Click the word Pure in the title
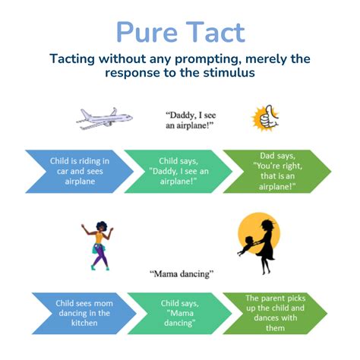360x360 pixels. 147,32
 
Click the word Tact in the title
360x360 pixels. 216,32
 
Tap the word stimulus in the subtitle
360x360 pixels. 229,73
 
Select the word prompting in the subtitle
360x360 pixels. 208,60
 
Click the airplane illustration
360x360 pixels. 104,118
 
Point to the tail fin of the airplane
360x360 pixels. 114,112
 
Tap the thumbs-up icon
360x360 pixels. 266,118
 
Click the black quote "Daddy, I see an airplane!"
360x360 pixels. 191,120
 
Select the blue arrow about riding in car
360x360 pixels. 80,172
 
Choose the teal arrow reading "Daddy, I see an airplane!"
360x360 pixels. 178,172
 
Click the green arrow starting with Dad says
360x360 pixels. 277,172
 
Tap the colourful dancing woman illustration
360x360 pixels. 97,245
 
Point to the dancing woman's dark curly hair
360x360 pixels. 102,226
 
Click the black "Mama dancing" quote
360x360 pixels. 182,274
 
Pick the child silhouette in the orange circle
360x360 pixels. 247,245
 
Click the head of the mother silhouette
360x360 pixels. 268,226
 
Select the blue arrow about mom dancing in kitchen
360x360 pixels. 84,314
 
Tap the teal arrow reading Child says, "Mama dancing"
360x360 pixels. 179,314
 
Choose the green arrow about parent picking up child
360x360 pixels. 275,314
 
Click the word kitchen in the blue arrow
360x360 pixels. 84,323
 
